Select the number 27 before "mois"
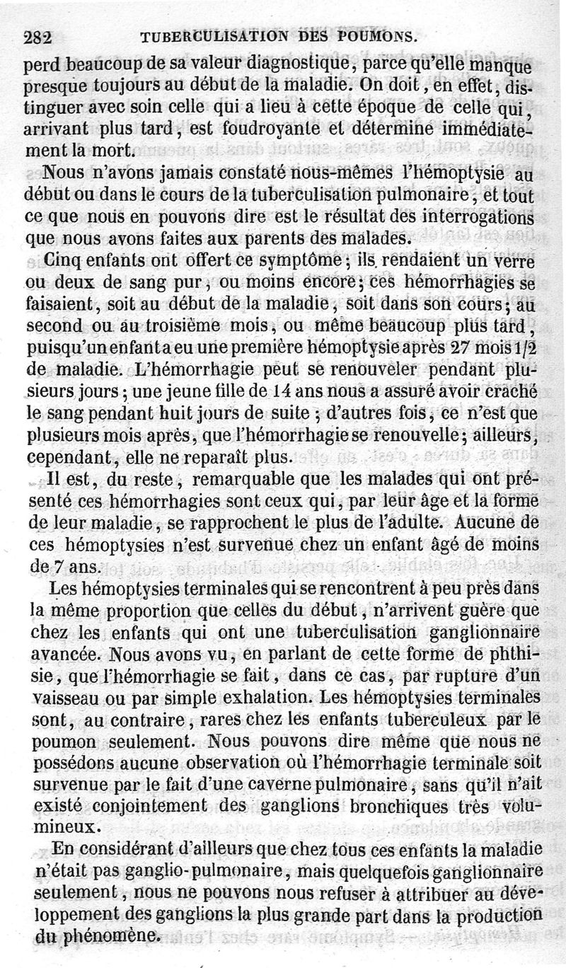click(458, 349)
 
